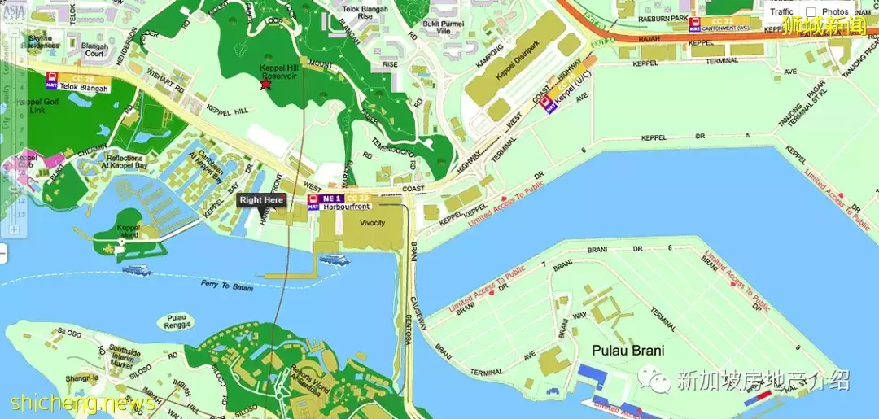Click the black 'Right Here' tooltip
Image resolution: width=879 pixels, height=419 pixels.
pos(261,199)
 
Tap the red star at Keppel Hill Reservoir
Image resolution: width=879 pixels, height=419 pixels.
pos(265,84)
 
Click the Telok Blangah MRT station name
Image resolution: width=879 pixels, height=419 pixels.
pos(84,89)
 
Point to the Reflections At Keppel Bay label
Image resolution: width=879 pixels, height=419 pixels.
pos(124,162)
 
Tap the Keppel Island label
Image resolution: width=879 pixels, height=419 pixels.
pos(129,231)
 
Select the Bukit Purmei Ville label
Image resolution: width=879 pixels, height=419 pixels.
pos(442,28)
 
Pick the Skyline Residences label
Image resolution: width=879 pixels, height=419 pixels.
pos(43,42)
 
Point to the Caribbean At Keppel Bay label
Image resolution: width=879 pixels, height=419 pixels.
pos(206,165)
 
